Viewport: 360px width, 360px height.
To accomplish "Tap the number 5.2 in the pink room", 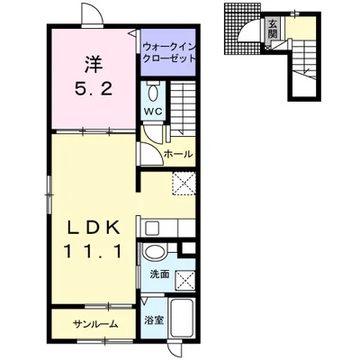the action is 94,89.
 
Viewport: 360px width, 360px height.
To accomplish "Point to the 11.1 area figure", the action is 94,252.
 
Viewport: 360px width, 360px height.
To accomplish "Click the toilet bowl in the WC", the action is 153,93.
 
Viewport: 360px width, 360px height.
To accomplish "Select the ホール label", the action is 178,155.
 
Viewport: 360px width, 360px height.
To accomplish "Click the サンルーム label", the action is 95,324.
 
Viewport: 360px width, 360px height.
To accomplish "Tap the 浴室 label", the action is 154,320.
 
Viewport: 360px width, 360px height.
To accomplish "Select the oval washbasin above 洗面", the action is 155,251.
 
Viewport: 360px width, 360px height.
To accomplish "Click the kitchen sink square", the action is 152,229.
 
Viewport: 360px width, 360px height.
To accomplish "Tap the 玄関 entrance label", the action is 273,30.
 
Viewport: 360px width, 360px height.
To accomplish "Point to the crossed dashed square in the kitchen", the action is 184,184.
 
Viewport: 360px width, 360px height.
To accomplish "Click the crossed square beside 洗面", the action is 184,281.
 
